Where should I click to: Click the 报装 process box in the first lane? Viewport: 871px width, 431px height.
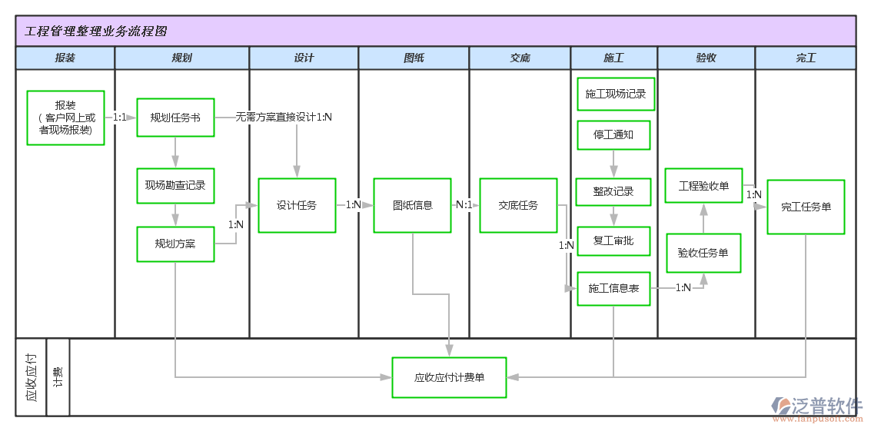click(x=65, y=118)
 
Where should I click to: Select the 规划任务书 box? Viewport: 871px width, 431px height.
click(x=175, y=118)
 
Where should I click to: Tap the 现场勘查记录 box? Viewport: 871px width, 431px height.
click(x=175, y=186)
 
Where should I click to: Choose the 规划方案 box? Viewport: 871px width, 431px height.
click(x=175, y=244)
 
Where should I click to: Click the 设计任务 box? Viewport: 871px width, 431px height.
click(x=297, y=205)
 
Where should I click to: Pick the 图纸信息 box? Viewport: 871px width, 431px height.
click(x=412, y=205)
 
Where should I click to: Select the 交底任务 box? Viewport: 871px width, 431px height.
click(x=518, y=205)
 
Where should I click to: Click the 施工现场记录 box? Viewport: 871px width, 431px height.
click(x=615, y=94)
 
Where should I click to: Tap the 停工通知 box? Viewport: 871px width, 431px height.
click(x=613, y=134)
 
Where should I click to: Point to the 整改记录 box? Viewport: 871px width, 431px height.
click(x=613, y=191)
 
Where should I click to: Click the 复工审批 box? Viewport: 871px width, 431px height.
click(x=613, y=240)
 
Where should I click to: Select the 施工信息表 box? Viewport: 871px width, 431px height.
click(x=613, y=288)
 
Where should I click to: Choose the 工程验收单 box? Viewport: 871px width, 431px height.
click(x=703, y=186)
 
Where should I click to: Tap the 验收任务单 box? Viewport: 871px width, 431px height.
click(x=703, y=253)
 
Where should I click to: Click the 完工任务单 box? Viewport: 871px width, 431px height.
click(x=806, y=207)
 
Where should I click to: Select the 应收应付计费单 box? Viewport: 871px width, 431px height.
click(x=449, y=377)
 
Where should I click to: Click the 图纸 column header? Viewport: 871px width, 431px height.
click(x=414, y=58)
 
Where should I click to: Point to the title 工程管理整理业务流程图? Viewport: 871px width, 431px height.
click(x=96, y=31)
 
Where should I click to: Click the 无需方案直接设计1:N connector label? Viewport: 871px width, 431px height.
click(x=284, y=118)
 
